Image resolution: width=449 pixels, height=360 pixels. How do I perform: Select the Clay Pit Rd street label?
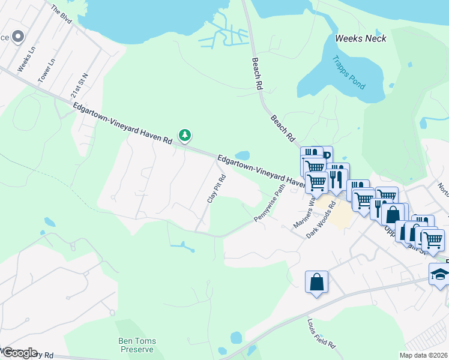tap(215, 188)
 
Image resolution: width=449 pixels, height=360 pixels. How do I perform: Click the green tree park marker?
tap(185, 135)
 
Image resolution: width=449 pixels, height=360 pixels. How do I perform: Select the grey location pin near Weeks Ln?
tap(18, 37)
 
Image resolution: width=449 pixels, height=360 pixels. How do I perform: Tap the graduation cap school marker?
tap(439, 274)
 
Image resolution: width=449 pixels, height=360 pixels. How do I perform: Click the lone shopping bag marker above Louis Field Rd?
tap(316, 282)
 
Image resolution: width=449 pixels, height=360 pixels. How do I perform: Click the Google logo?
tap(19, 353)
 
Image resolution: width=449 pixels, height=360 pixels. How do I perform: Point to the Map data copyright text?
tap(423, 355)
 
